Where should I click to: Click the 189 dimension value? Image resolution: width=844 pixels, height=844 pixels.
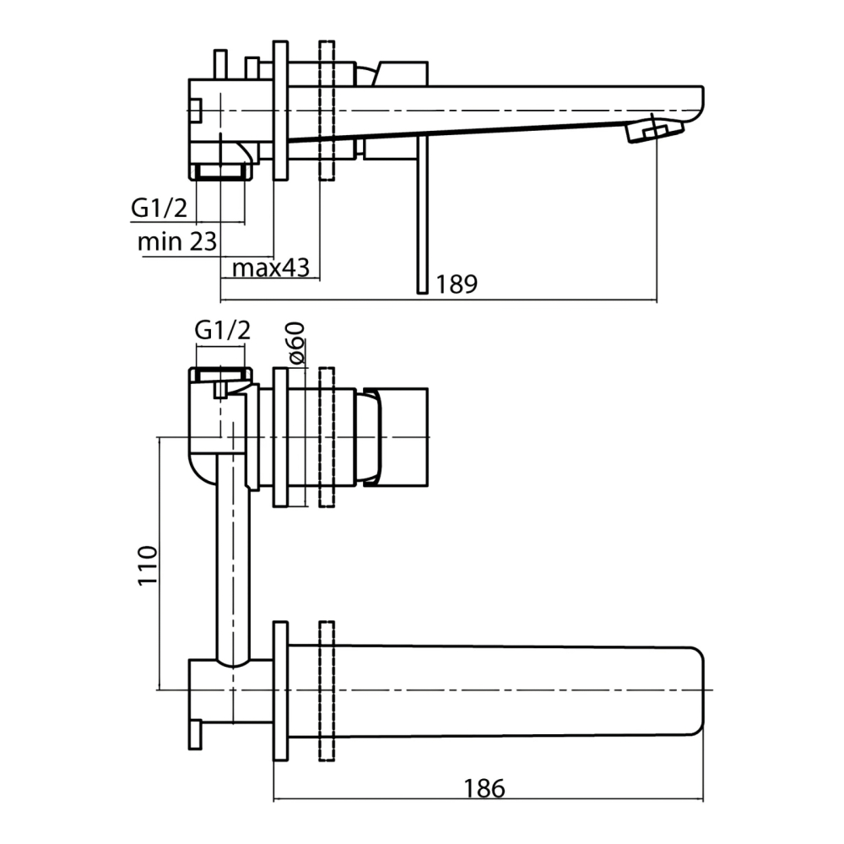pyautogui.click(x=456, y=284)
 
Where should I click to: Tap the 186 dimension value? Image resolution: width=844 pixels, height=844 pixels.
pyautogui.click(x=484, y=788)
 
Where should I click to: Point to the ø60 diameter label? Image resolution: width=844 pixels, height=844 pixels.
pyautogui.click(x=295, y=343)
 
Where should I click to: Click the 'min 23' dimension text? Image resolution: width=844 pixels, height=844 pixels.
pyautogui.click(x=177, y=241)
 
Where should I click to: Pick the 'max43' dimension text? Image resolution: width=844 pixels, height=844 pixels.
pyautogui.click(x=271, y=268)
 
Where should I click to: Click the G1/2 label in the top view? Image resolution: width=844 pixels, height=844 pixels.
pyautogui.click(x=159, y=208)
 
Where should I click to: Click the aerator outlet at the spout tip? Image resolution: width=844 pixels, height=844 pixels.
pyautogui.click(x=655, y=132)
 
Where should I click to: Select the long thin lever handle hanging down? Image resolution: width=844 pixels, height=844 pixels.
pyautogui.click(x=423, y=214)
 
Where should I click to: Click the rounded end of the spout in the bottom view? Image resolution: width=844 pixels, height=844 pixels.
pyautogui.click(x=695, y=690)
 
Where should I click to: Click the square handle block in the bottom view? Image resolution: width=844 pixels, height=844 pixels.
pyautogui.click(x=396, y=437)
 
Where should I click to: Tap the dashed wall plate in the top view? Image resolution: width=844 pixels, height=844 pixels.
pyautogui.click(x=327, y=111)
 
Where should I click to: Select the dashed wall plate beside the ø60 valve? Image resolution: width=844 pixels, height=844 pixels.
pyautogui.click(x=327, y=437)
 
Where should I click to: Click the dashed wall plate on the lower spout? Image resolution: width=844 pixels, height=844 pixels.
pyautogui.click(x=327, y=690)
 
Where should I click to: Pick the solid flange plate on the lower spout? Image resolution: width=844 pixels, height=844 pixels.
pyautogui.click(x=280, y=690)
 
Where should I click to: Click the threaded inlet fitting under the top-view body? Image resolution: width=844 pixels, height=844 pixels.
pyautogui.click(x=220, y=171)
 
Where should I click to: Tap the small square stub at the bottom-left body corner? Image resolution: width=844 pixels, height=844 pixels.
pyautogui.click(x=196, y=735)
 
